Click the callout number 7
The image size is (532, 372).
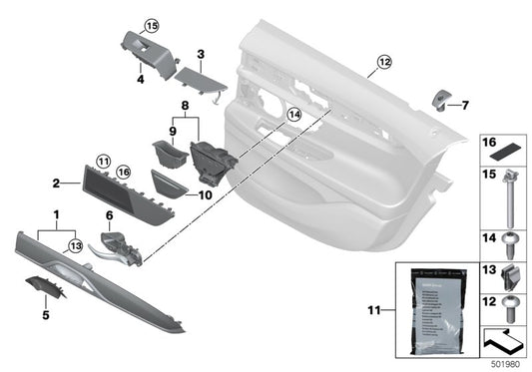tap(465, 104)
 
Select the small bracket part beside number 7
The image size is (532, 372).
tap(441, 98)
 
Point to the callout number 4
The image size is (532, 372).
tap(141, 77)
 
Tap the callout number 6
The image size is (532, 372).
tap(109, 215)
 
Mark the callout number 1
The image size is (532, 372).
tap(56, 214)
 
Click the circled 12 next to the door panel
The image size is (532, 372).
tap(385, 61)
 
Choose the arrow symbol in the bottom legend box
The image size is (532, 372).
tap(504, 342)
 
